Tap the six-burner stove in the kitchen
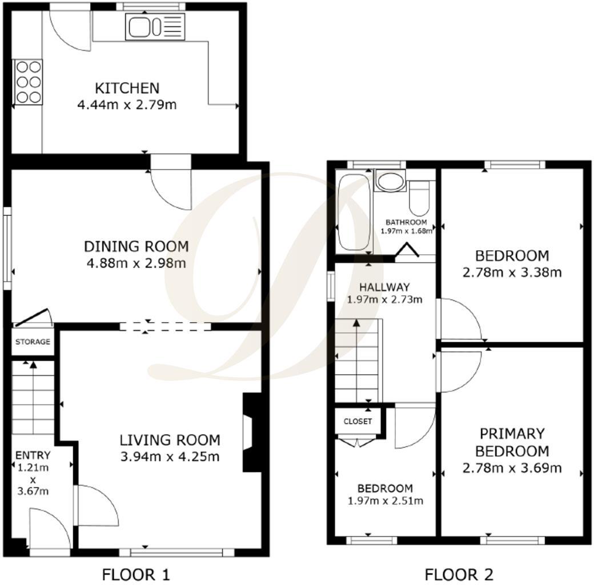click(x=28, y=82)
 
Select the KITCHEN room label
click(x=127, y=89)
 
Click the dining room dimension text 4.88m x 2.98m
click(x=136, y=263)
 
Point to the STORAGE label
click(x=33, y=342)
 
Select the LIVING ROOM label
click(x=170, y=440)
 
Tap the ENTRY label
click(x=33, y=455)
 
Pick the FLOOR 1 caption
click(x=136, y=574)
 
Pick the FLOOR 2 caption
click(x=459, y=574)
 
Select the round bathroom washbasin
click(x=391, y=182)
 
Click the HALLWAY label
click(x=384, y=287)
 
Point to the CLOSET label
click(x=358, y=422)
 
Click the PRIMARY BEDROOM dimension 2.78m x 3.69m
click(x=512, y=468)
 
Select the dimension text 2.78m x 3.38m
click(x=512, y=273)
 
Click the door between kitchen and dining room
click(x=170, y=186)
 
